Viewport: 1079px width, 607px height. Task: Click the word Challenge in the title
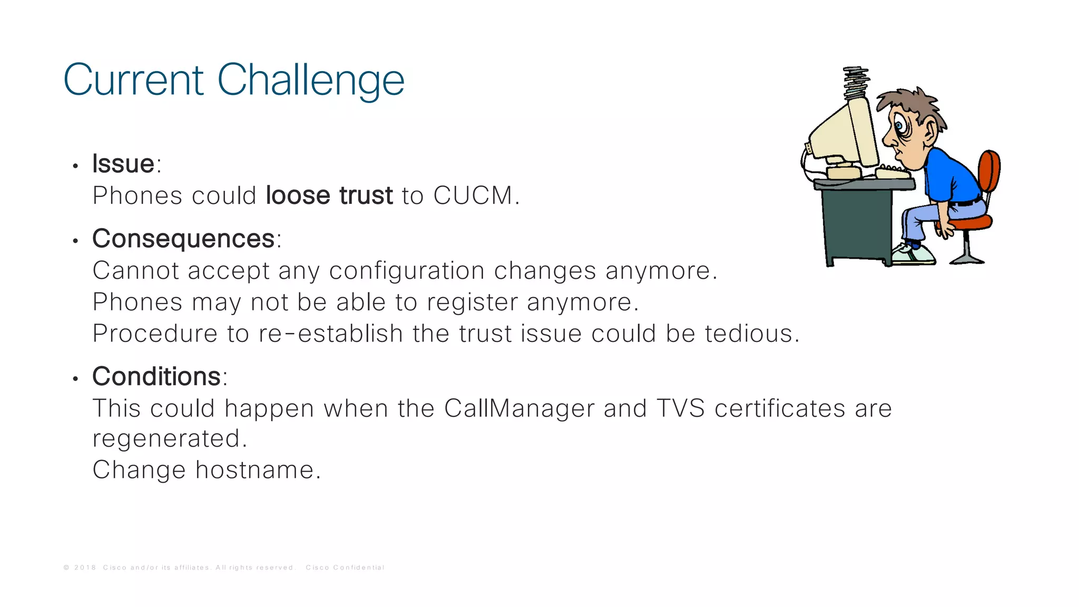pos(310,81)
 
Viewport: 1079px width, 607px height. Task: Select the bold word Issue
pos(123,163)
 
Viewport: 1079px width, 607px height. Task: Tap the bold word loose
pos(298,195)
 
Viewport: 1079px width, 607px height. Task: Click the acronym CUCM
pos(473,195)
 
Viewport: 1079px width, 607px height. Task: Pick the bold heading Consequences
pos(183,239)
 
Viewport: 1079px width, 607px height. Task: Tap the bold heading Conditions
pos(156,377)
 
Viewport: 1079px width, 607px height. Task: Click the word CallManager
pos(519,408)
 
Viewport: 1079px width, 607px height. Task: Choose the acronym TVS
pos(681,408)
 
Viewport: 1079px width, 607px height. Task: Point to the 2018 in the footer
pos(85,567)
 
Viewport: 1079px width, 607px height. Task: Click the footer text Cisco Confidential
pos(345,567)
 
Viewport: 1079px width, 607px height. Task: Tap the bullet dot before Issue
pos(75,167)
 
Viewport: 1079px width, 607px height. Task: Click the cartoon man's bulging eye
pos(899,126)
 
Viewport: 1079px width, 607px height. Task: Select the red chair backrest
pos(990,172)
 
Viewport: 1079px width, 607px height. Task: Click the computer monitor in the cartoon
pos(843,134)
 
